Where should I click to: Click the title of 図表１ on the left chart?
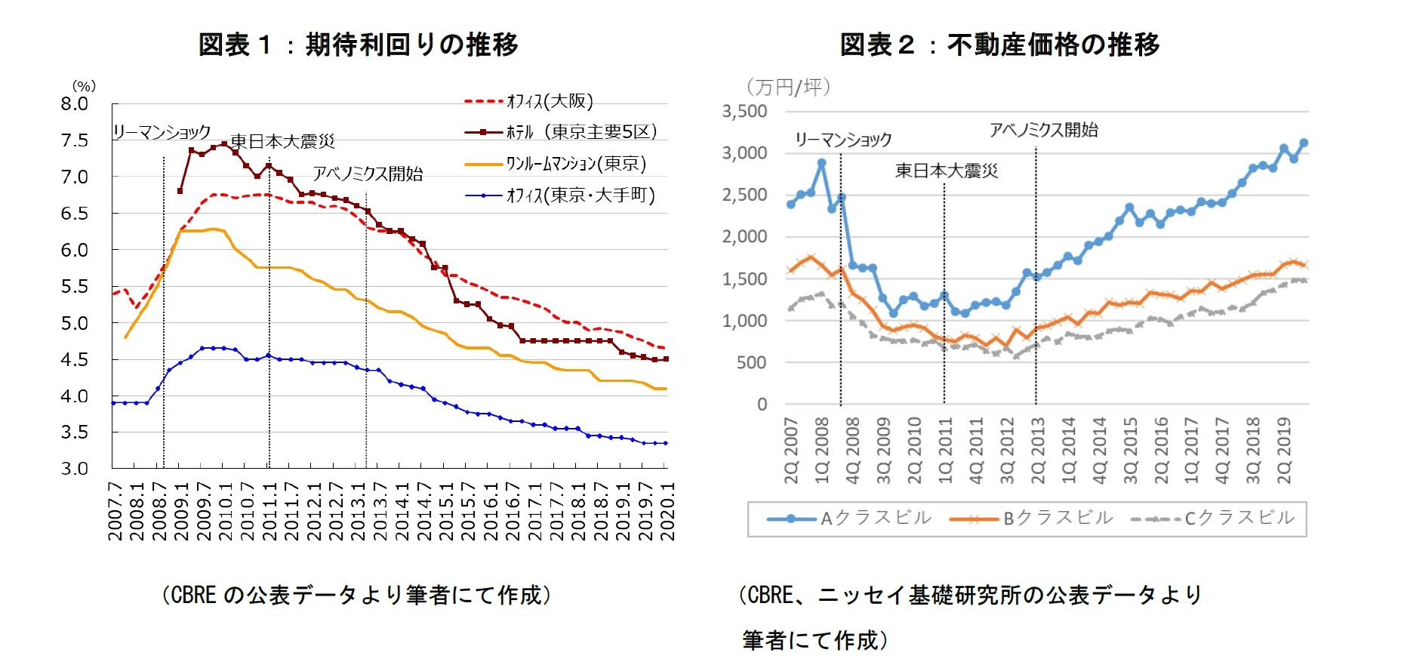pyautogui.click(x=358, y=45)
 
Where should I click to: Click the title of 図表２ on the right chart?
pyautogui.click(x=999, y=45)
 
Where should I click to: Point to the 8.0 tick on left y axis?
pyautogui.click(x=75, y=104)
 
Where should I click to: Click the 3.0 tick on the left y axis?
pyautogui.click(x=75, y=469)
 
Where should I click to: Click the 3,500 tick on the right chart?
pyautogui.click(x=744, y=112)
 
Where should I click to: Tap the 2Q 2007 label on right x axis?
pyautogui.click(x=791, y=450)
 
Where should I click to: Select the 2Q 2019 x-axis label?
pyautogui.click(x=1284, y=450)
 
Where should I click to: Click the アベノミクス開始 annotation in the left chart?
pyautogui.click(x=368, y=174)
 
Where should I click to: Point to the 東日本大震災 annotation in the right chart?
pyautogui.click(x=946, y=171)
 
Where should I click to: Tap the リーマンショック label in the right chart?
pyautogui.click(x=842, y=140)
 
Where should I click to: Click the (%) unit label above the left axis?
pyautogui.click(x=84, y=86)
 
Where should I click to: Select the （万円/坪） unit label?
pyautogui.click(x=788, y=87)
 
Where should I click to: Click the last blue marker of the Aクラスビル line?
pyautogui.click(x=1304, y=143)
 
